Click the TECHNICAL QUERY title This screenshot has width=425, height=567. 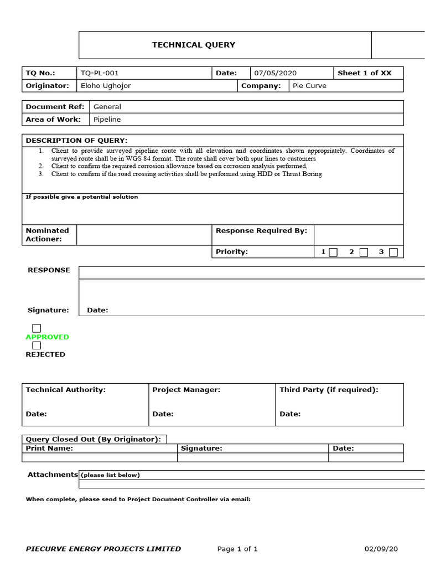point(194,45)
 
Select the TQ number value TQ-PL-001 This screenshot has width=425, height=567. point(100,73)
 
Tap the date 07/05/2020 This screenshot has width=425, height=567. point(276,73)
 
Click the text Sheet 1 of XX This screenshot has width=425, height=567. point(364,73)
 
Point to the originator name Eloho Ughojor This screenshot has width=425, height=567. point(106,86)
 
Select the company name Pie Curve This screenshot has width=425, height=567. point(309,86)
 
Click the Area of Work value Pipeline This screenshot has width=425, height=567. point(107,119)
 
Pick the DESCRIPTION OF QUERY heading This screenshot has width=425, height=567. point(76,141)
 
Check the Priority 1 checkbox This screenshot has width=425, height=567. point(333,252)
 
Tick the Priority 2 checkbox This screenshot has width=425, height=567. point(364,252)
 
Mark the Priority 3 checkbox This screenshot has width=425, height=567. point(393,252)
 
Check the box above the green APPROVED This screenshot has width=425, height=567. point(37,328)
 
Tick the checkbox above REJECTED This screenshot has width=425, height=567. point(37,346)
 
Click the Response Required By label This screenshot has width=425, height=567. point(261,231)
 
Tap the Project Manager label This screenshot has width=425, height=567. point(186,390)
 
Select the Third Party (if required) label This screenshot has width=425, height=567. point(329,390)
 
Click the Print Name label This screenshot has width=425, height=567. point(49,449)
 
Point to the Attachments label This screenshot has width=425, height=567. point(53,475)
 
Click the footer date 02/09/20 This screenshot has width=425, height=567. point(381,549)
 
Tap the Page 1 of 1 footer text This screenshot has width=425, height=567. point(237,549)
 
